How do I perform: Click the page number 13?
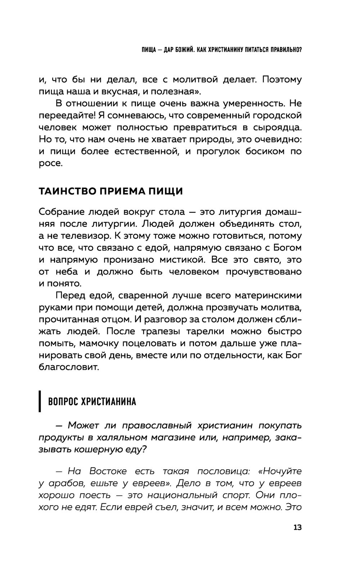(x=297, y=528)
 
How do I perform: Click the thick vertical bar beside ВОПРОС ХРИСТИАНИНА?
(x=40, y=401)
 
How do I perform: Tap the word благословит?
(x=68, y=367)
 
